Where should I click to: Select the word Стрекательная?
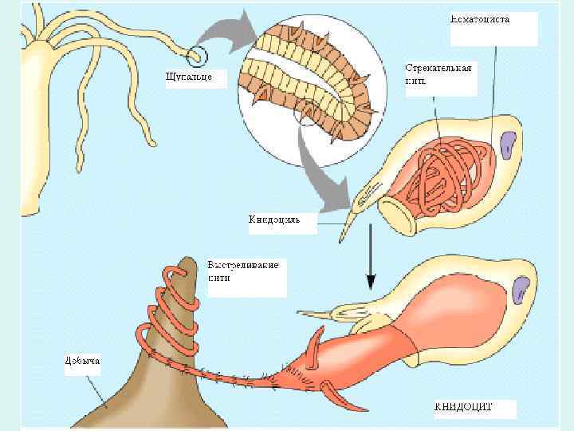[438, 68]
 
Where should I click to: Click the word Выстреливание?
[243, 265]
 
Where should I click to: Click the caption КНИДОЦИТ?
[463, 406]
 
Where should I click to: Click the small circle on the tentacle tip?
[197, 56]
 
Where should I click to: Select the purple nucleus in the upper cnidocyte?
[508, 143]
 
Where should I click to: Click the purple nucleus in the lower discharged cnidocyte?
[523, 288]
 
